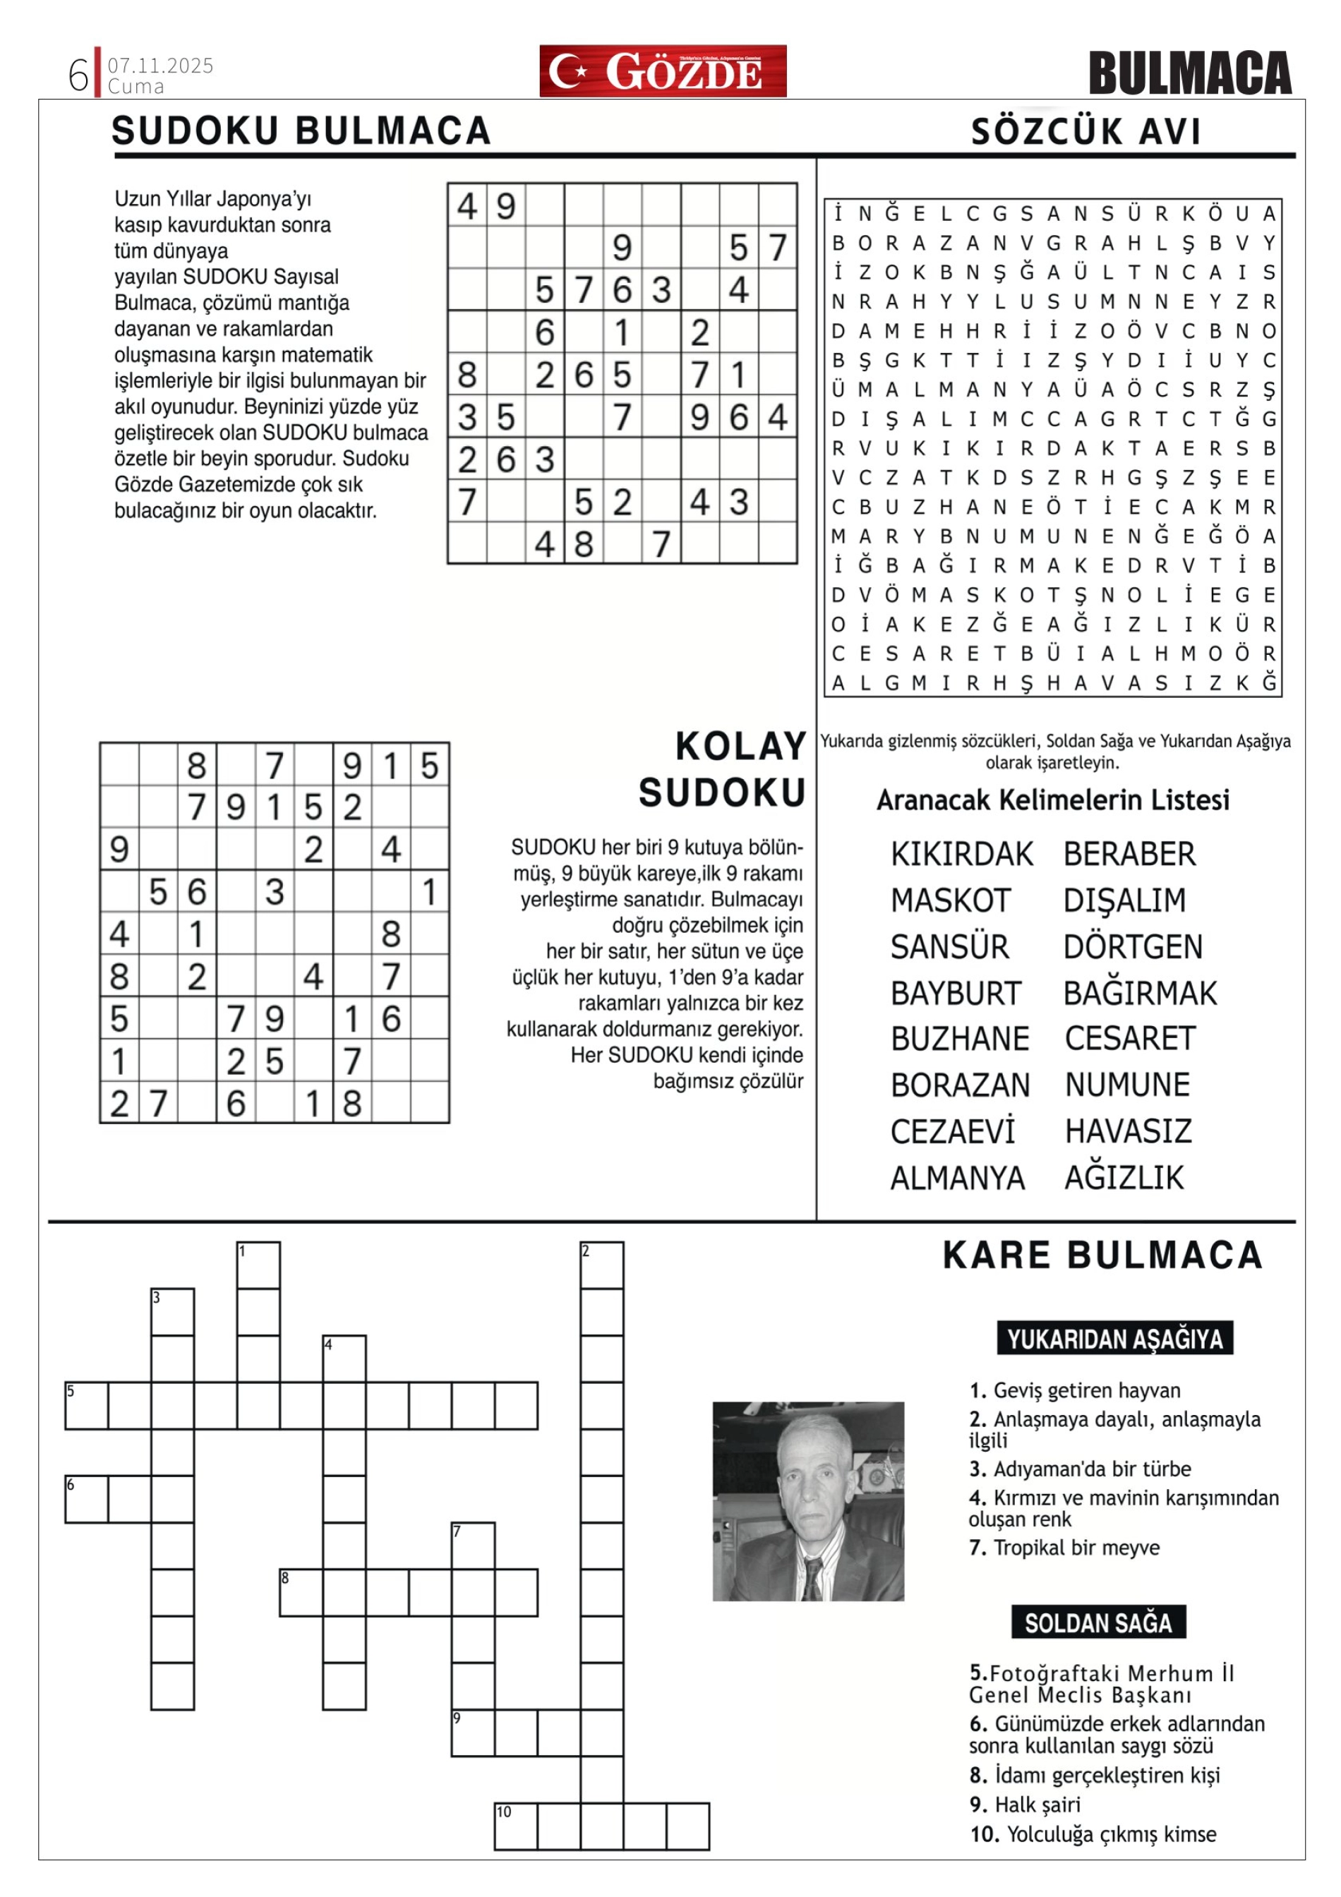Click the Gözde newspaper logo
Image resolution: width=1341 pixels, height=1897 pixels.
click(x=663, y=71)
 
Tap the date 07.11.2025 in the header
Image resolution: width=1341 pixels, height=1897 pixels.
click(x=160, y=65)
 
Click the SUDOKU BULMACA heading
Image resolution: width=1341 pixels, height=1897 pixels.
click(x=301, y=131)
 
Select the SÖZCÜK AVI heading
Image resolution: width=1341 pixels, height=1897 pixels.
click(x=1086, y=132)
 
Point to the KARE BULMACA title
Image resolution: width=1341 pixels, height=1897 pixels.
click(x=1102, y=1255)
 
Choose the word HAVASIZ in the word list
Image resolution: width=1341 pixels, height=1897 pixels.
click(x=1128, y=1131)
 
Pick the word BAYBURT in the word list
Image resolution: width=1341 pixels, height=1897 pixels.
click(x=956, y=993)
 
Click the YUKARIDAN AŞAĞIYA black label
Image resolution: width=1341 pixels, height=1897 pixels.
click(x=1114, y=1339)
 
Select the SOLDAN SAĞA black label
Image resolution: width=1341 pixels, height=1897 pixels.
click(x=1098, y=1622)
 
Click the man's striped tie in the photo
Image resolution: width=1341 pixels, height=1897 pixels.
click(x=812, y=1579)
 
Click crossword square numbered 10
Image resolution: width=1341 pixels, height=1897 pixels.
click(x=515, y=1826)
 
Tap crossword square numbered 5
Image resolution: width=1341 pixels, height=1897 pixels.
click(x=87, y=1405)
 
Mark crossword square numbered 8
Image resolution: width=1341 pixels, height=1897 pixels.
click(x=301, y=1592)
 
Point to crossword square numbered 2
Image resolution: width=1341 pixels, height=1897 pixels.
click(x=601, y=1265)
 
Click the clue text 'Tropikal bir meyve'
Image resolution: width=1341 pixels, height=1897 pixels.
click(x=1076, y=1548)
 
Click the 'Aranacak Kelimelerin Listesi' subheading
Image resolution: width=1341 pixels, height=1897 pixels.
click(x=1052, y=800)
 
